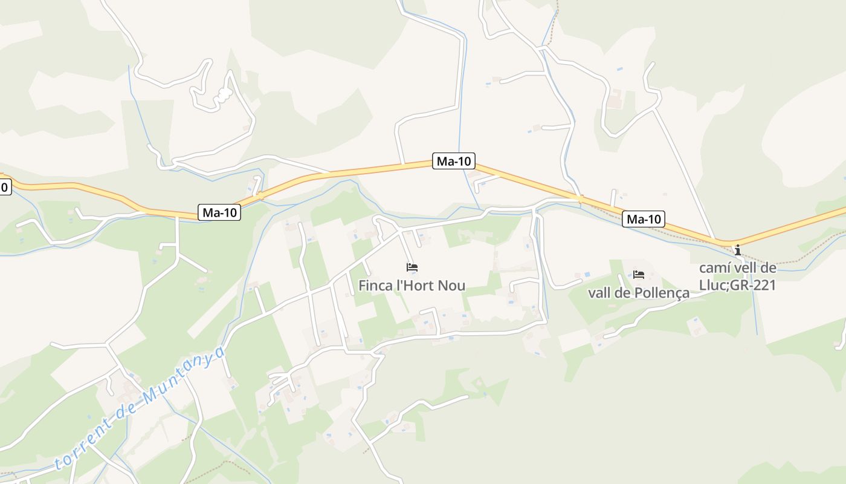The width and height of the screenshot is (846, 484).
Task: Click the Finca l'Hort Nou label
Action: (412, 285)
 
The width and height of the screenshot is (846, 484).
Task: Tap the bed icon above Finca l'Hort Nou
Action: (412, 267)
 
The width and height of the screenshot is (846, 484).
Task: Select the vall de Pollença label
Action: (639, 293)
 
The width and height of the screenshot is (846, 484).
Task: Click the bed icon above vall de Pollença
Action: (639, 275)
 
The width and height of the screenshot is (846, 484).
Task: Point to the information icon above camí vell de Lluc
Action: (737, 250)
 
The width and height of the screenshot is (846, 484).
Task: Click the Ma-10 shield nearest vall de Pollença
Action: (644, 219)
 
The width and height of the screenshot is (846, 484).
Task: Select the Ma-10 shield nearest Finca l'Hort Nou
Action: (454, 161)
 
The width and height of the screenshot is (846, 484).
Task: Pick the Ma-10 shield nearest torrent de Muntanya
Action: (219, 212)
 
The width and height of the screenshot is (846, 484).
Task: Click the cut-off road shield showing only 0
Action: (4, 187)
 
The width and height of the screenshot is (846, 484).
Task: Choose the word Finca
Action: (375, 285)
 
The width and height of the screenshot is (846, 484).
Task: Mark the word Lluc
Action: (712, 285)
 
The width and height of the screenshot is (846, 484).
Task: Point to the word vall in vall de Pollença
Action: (599, 293)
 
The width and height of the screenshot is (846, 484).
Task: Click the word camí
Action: (714, 268)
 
